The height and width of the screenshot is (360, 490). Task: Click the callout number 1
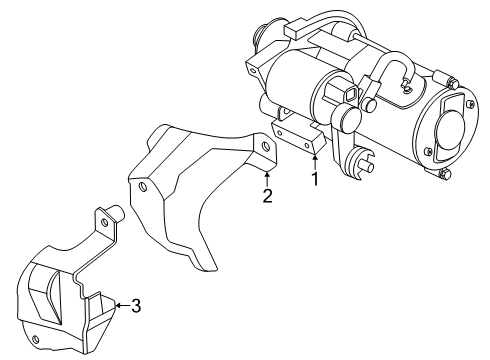(314, 181)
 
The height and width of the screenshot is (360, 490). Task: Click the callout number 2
(267, 196)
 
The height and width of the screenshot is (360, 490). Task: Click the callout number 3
(137, 307)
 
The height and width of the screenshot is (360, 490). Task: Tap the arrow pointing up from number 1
(314, 160)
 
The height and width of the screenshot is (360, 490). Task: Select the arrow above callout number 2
(267, 176)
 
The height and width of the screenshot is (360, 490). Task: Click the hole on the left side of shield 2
(145, 187)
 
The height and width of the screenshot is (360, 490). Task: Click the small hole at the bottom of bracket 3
(36, 341)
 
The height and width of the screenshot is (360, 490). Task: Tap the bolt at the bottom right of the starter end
(442, 178)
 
